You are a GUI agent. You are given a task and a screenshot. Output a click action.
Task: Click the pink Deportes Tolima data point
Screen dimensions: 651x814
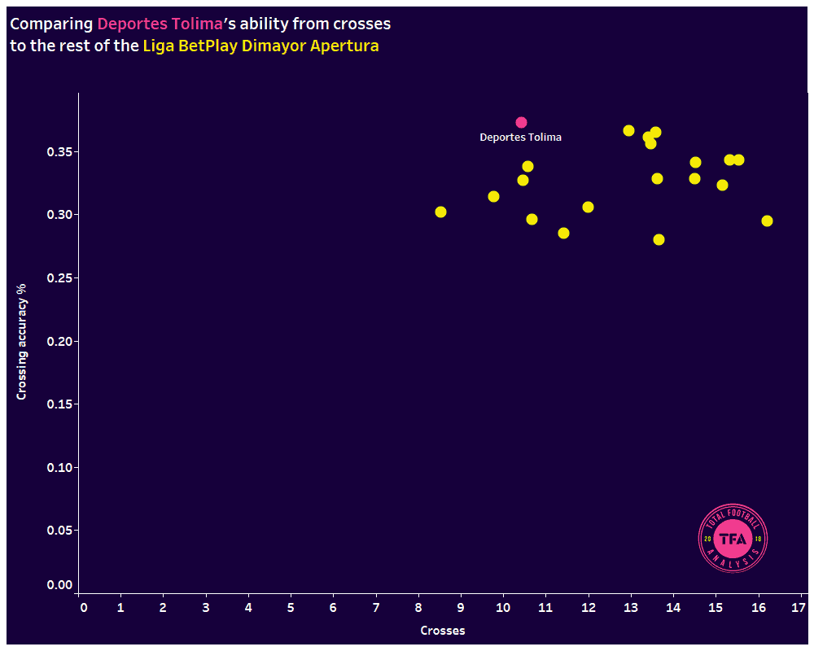521,122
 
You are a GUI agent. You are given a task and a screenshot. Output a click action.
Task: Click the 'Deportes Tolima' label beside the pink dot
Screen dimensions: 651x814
520,138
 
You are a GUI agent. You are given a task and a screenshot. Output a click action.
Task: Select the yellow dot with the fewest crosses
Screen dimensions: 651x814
440,212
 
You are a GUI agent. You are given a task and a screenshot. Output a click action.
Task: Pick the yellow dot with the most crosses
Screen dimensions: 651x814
767,221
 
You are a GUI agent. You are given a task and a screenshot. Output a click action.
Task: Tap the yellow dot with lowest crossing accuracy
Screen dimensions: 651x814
659,239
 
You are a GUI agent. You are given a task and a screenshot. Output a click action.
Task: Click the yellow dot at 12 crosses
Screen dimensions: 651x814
588,207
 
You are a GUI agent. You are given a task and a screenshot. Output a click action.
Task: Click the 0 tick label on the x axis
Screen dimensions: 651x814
83,608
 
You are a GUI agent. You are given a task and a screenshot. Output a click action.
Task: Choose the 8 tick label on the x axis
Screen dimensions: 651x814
418,608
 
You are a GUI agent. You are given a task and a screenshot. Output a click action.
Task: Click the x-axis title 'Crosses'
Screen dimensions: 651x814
442,631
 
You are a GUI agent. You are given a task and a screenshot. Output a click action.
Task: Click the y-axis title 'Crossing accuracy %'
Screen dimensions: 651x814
22,342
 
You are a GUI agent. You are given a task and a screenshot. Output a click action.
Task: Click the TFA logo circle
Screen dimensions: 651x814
733,538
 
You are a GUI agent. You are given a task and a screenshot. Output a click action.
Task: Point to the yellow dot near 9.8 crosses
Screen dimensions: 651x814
493,196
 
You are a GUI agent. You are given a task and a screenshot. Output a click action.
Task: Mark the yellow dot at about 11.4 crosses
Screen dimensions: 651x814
563,233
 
